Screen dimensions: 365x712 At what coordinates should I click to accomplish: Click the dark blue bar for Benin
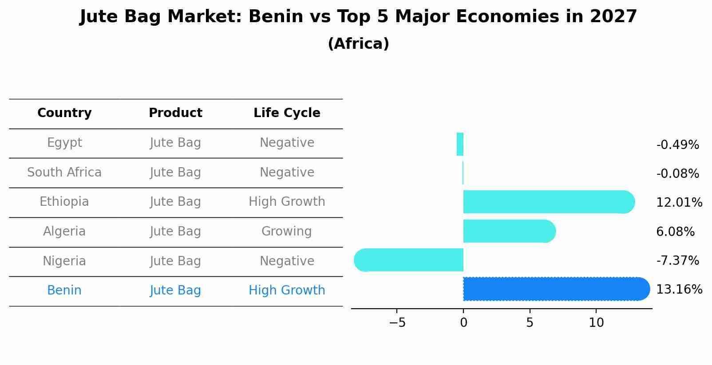click(x=555, y=289)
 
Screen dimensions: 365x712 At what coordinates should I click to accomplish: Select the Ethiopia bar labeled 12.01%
click(x=548, y=202)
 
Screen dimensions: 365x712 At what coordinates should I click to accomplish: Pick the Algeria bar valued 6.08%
click(x=509, y=231)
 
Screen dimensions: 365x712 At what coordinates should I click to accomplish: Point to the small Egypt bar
click(x=460, y=145)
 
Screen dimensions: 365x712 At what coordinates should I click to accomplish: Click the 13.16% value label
click(x=679, y=290)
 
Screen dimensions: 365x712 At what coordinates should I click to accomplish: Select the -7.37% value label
click(x=677, y=261)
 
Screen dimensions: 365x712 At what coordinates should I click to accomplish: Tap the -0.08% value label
click(x=677, y=174)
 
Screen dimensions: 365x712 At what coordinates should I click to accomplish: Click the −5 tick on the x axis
click(x=397, y=323)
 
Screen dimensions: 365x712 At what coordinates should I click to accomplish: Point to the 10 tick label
click(x=596, y=323)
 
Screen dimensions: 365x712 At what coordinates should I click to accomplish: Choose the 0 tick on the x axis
click(x=463, y=323)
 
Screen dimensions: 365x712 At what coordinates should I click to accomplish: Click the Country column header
click(x=64, y=113)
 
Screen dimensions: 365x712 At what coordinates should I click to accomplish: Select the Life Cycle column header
click(x=287, y=113)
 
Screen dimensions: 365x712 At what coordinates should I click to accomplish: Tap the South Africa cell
click(x=64, y=173)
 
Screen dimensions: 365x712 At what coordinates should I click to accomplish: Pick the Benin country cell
click(x=64, y=290)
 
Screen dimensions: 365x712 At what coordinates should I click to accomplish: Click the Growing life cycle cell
click(x=287, y=232)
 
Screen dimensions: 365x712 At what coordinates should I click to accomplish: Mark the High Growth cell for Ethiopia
click(x=287, y=202)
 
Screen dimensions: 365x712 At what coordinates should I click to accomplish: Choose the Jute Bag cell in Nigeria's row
click(x=175, y=261)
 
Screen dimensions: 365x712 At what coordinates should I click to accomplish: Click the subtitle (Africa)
click(x=358, y=44)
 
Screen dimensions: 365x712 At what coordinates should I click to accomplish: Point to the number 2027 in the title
click(x=613, y=17)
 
